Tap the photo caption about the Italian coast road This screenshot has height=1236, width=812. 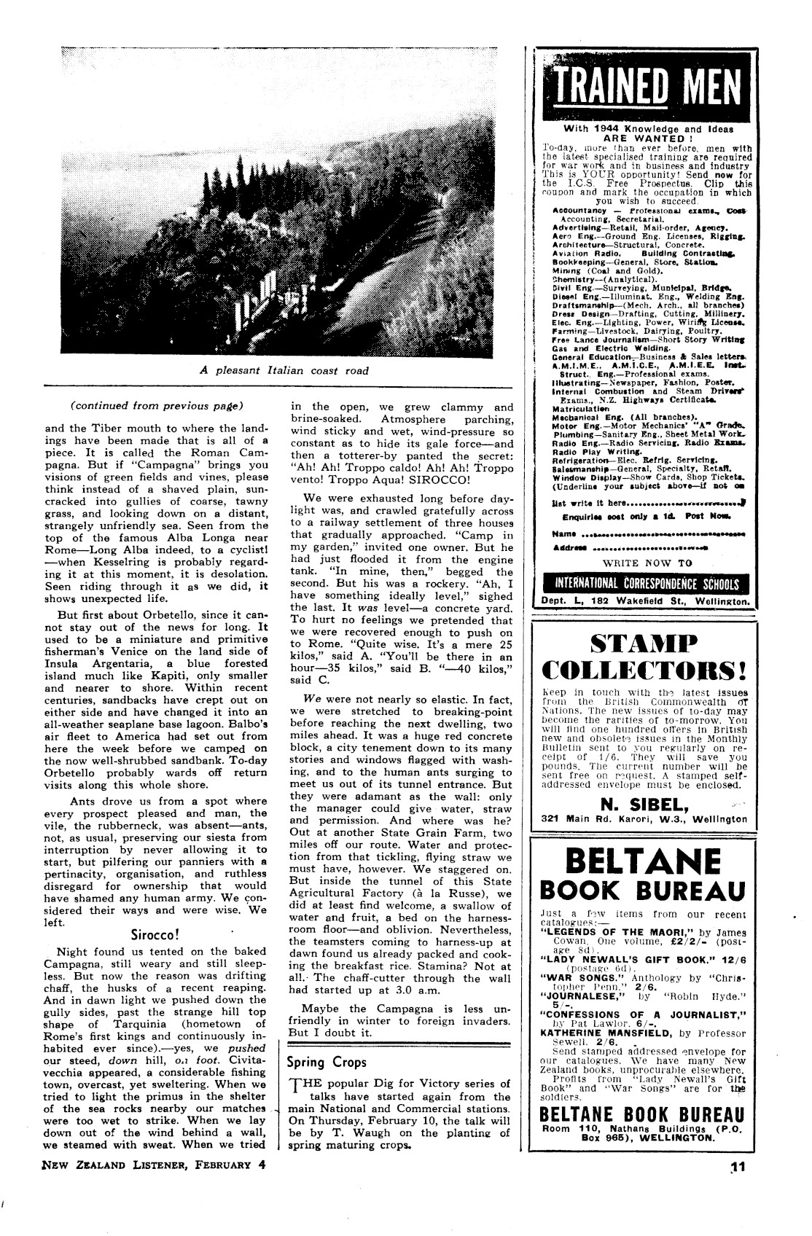284,370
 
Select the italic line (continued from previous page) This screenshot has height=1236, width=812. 156,405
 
